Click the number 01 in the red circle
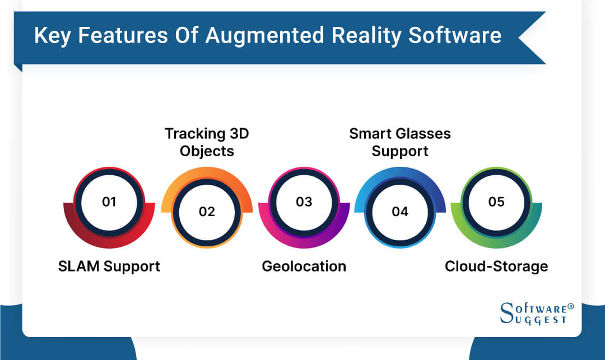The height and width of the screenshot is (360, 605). [x=109, y=202]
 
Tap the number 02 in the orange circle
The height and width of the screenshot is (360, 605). [x=206, y=212]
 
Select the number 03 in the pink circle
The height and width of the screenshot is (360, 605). [x=304, y=202]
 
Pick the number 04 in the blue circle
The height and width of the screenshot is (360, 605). [x=400, y=212]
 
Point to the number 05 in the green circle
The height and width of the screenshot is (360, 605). [x=496, y=202]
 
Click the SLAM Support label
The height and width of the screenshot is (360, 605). [x=109, y=266]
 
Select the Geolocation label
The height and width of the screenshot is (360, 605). [x=304, y=266]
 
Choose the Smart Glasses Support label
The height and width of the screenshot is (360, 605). [x=400, y=142]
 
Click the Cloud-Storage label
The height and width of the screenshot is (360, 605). [x=496, y=266]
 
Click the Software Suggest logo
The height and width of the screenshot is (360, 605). [x=533, y=314]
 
